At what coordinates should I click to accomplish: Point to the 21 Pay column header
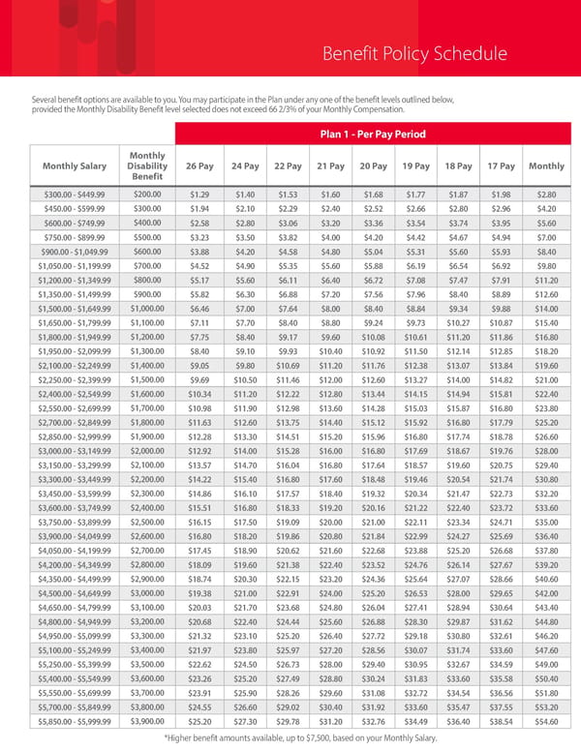(330, 165)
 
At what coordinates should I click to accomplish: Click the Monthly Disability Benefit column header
(147, 165)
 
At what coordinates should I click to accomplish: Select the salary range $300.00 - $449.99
(68, 195)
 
